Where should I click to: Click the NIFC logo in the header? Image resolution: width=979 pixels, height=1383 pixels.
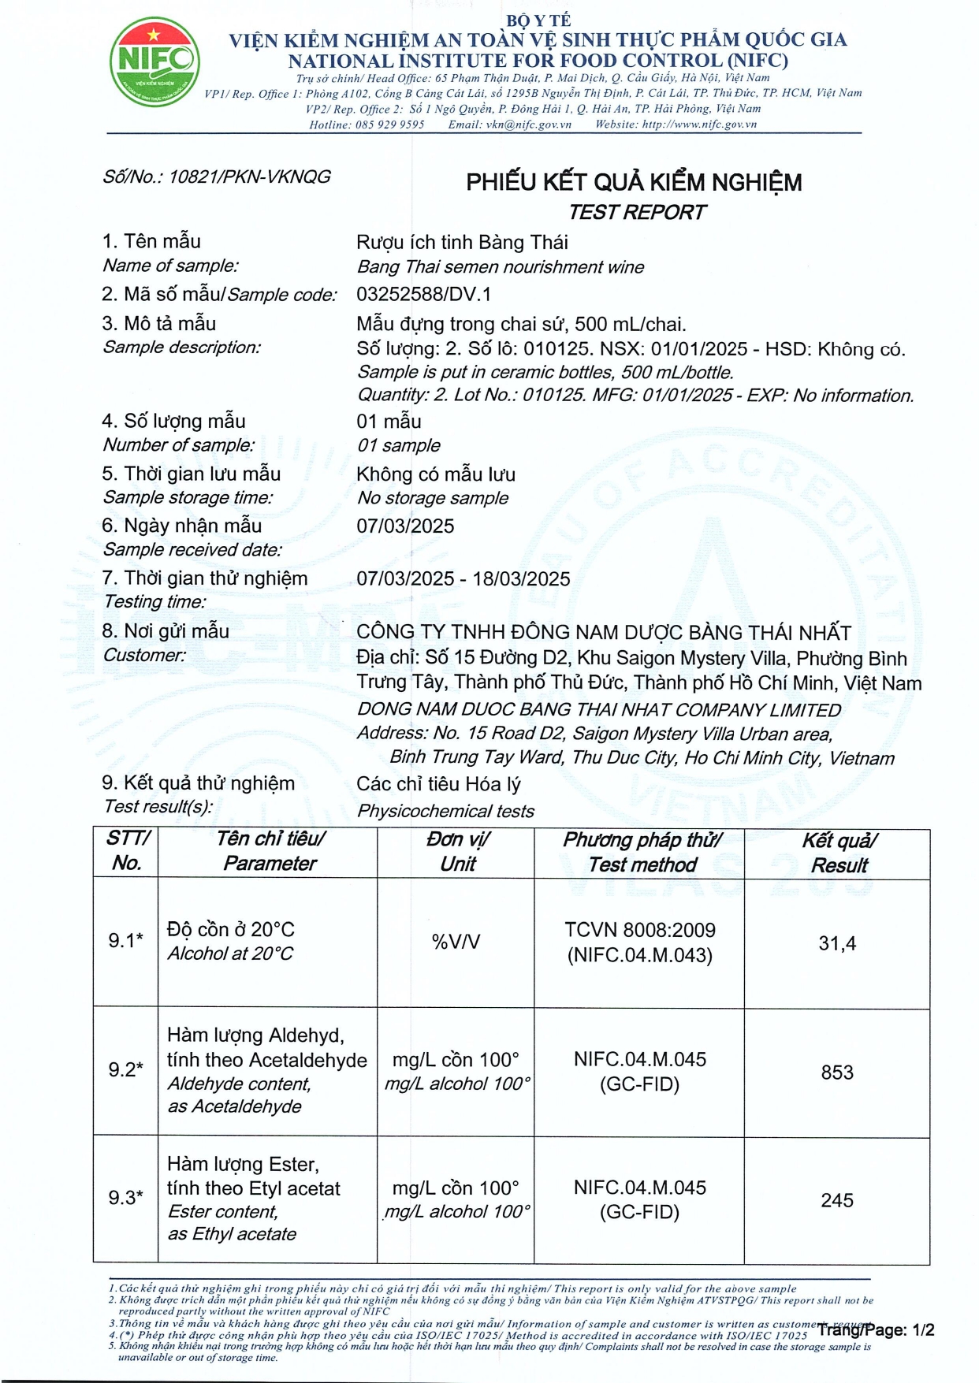(154, 62)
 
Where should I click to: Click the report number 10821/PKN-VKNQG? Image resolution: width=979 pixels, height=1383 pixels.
(249, 177)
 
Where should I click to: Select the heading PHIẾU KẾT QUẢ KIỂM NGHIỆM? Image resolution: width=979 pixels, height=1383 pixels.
(634, 182)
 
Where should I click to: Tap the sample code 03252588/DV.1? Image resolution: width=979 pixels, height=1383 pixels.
(423, 294)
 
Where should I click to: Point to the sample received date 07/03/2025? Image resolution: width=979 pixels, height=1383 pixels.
(405, 526)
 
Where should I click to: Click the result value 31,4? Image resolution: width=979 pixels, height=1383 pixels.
(837, 942)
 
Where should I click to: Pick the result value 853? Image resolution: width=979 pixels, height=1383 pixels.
(837, 1072)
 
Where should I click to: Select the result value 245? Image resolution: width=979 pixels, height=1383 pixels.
(837, 1200)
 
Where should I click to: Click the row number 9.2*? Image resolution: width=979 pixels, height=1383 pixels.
(126, 1069)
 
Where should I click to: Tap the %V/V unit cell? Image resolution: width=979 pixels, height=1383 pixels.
(456, 942)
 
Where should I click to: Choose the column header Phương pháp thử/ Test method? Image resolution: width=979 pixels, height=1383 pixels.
(642, 852)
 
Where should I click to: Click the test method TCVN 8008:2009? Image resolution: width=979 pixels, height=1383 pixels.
(639, 930)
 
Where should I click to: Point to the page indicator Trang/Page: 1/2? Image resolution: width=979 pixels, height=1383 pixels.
(876, 1330)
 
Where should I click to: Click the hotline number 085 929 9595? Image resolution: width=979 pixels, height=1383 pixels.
(389, 125)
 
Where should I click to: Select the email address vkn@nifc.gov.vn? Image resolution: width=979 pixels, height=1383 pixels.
(528, 125)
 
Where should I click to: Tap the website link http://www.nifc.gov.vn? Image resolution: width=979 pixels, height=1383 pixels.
(699, 125)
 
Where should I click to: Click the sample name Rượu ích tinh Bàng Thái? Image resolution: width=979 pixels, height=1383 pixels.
(462, 242)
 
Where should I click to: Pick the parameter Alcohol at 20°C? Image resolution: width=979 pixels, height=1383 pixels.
(229, 954)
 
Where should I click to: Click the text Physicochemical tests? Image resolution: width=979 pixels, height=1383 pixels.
(445, 811)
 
